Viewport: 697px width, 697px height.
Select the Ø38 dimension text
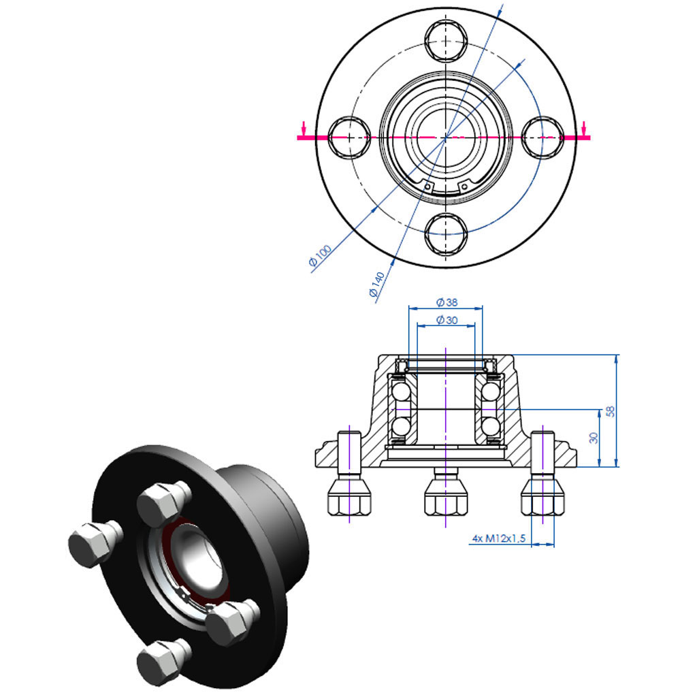(x=447, y=302)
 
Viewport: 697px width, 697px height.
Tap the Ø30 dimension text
(x=447, y=320)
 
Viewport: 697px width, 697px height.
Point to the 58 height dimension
(x=610, y=411)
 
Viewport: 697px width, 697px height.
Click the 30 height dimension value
(x=593, y=438)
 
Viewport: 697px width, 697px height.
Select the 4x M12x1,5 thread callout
(x=499, y=538)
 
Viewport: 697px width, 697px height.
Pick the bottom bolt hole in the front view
(x=446, y=233)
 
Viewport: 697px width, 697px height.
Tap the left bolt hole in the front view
(x=348, y=137)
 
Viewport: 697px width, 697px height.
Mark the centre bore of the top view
(x=446, y=136)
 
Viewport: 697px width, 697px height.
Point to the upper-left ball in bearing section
(x=400, y=391)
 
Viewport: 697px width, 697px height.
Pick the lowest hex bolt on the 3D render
(x=161, y=661)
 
